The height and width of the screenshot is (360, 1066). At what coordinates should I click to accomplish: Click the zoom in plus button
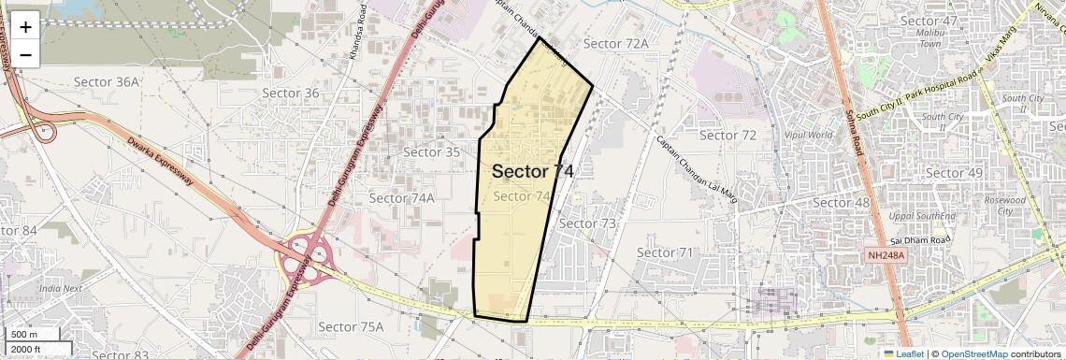(x=25, y=27)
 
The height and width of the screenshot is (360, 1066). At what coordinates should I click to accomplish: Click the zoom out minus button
(x=25, y=55)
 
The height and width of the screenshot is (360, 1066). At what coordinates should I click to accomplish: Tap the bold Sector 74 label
(x=532, y=171)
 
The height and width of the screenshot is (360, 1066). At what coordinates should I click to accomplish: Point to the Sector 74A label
(x=402, y=198)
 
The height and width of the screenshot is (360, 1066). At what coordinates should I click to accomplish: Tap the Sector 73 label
(x=587, y=223)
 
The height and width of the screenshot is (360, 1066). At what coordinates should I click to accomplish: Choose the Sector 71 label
(x=665, y=252)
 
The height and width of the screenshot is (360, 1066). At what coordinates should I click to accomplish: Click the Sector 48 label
(x=842, y=202)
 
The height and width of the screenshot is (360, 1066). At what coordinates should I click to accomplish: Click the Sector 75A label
(x=351, y=326)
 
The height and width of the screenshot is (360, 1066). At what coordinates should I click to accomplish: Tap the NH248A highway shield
(x=885, y=254)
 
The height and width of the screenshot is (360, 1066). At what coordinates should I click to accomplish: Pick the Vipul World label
(x=808, y=135)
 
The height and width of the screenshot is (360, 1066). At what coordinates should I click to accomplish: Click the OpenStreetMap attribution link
(x=973, y=353)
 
